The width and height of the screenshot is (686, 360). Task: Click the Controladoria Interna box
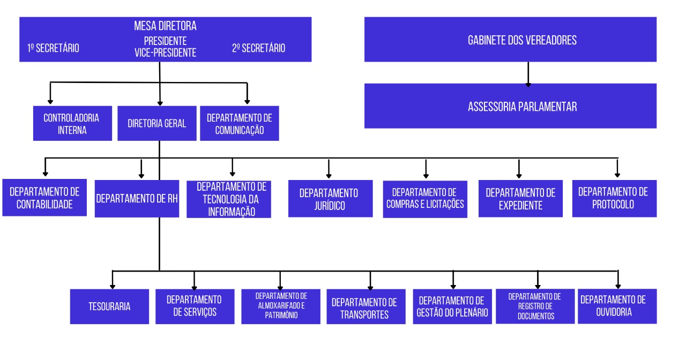point(72,123)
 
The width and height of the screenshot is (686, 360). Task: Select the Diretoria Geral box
point(157,123)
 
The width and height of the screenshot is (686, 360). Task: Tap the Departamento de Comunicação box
point(240,123)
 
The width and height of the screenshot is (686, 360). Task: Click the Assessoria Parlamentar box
point(511,106)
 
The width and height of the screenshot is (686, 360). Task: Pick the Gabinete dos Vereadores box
point(511,40)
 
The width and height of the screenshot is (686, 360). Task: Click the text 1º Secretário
point(53,48)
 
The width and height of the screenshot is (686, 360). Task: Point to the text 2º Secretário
point(258,48)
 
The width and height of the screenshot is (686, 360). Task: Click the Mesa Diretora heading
point(166,26)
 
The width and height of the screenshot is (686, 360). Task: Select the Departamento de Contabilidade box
point(44,198)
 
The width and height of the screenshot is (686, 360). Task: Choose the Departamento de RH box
point(137,199)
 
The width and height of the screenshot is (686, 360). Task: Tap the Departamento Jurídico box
point(331,199)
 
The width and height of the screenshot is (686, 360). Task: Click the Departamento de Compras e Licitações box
point(425,199)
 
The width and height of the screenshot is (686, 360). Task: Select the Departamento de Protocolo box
point(614,199)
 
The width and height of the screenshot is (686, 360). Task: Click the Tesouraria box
point(110,306)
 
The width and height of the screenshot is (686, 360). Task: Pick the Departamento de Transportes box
point(366,306)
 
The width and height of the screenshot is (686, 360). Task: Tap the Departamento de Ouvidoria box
point(617,306)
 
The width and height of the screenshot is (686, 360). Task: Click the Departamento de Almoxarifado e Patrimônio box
point(281,306)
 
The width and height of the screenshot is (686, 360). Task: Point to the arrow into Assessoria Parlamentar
point(528,74)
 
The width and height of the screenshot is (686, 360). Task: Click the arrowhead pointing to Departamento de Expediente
point(519,176)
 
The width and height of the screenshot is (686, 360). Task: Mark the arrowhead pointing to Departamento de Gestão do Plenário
point(453,287)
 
